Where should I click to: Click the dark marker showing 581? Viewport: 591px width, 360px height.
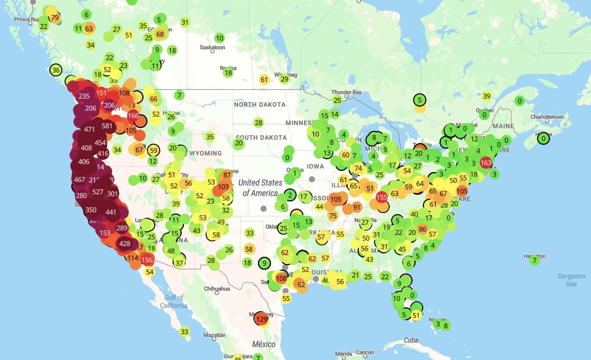(107, 126)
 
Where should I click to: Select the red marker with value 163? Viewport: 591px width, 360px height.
(486, 162)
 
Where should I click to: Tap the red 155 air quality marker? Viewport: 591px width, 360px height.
(382, 197)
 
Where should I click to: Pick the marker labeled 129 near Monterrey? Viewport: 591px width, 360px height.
(261, 319)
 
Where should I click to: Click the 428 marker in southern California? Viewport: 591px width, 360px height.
(125, 243)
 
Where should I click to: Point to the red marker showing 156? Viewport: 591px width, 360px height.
(147, 260)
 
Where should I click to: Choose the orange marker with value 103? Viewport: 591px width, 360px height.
(224, 187)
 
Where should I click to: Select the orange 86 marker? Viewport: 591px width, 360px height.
(423, 229)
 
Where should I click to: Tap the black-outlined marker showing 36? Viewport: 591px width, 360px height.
(56, 70)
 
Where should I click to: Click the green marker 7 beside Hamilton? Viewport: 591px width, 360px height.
(534, 260)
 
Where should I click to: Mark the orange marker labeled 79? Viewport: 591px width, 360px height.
(54, 17)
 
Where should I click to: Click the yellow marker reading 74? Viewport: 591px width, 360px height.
(358, 168)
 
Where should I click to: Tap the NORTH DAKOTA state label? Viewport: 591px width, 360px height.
(260, 104)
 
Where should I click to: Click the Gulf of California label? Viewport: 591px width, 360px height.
(173, 301)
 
